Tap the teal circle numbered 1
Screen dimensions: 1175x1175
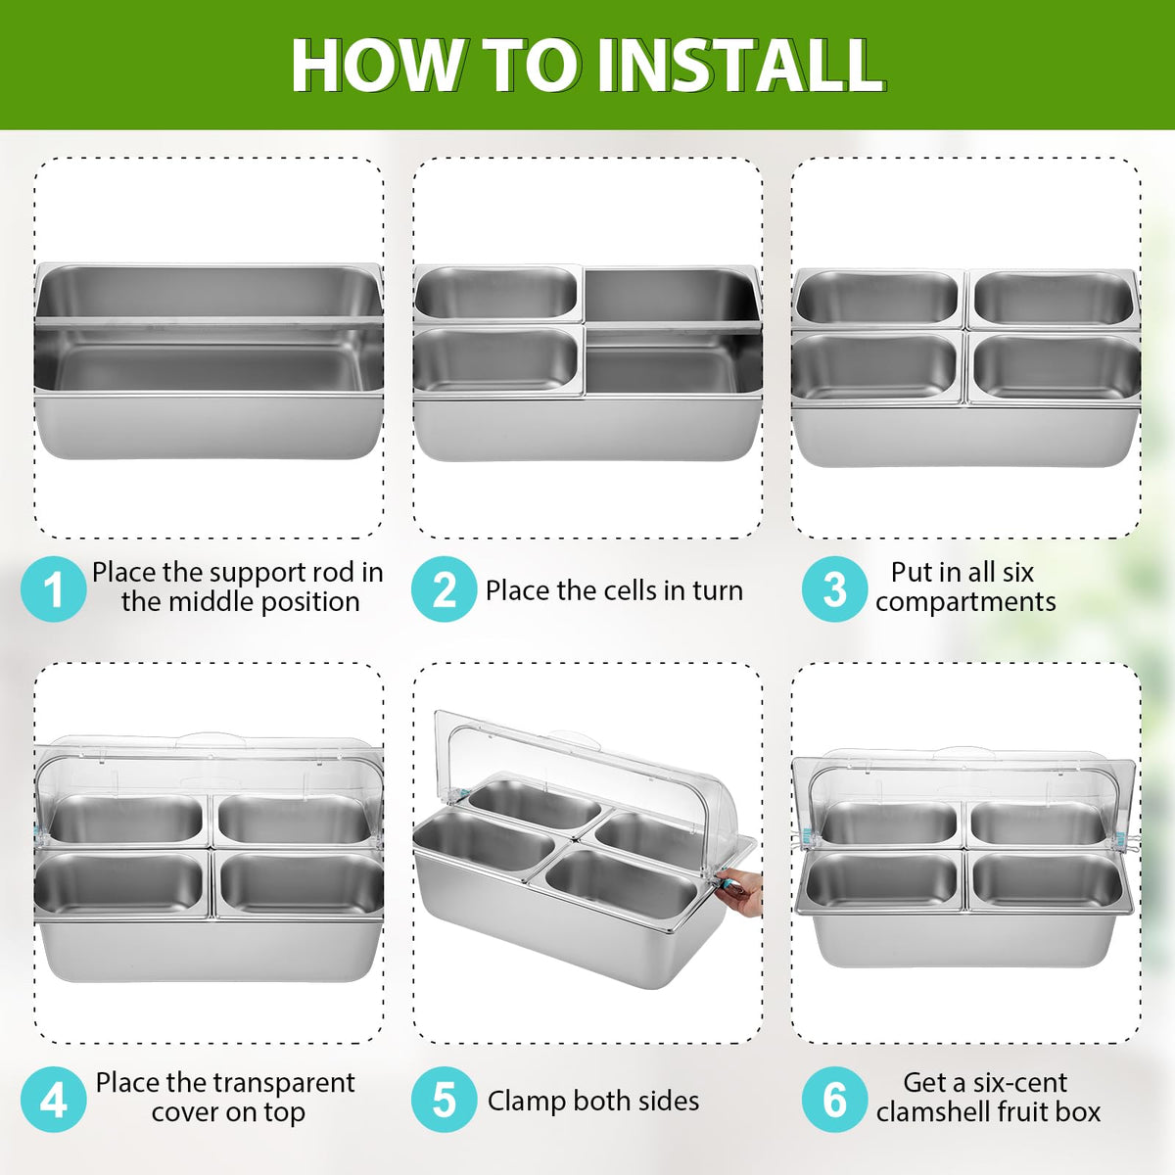point(54,588)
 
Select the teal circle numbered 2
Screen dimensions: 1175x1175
point(444,588)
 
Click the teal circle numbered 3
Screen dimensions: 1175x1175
point(834,588)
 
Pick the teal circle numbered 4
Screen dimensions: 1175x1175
point(54,1100)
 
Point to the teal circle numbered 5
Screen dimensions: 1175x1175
point(444,1100)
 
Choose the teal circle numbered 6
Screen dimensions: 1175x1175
point(834,1100)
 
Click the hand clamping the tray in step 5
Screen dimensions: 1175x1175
point(741,891)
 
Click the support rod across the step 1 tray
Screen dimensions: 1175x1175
point(209,321)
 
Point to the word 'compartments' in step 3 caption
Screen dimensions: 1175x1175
point(965,603)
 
